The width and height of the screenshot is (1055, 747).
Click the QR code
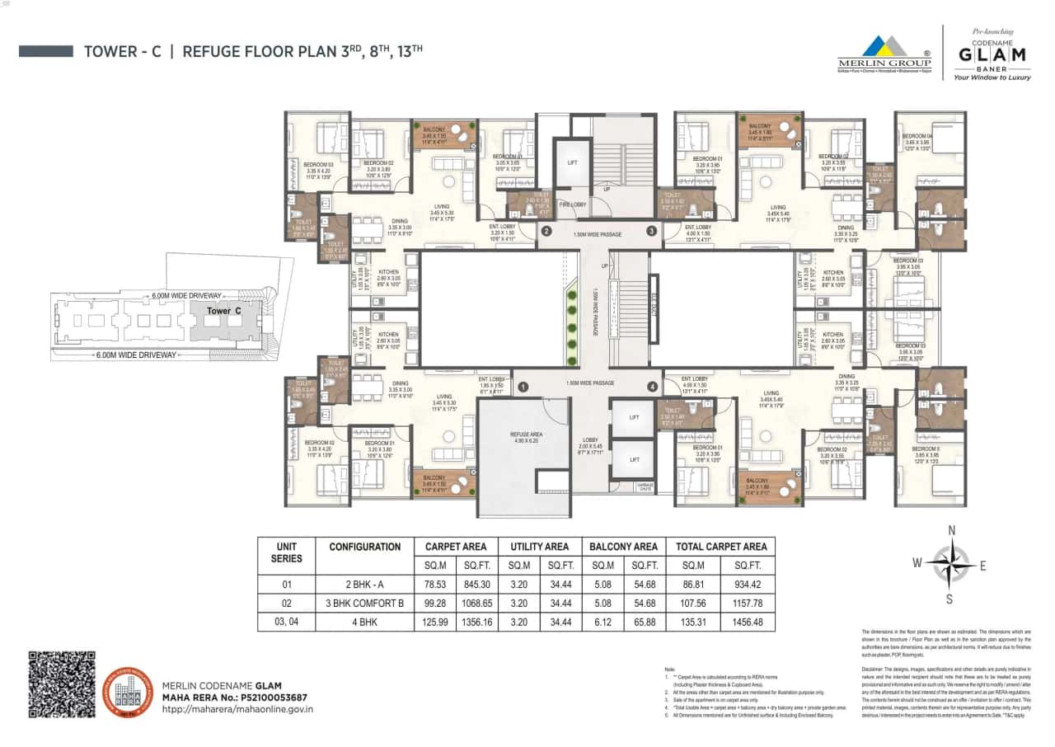click(x=62, y=684)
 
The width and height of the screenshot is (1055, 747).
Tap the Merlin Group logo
click(x=884, y=53)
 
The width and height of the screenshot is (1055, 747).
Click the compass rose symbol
click(x=950, y=564)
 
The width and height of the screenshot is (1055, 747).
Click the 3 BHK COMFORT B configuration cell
click(x=364, y=604)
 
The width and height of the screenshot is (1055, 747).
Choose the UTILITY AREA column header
click(x=539, y=546)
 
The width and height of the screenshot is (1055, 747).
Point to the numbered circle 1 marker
click(x=523, y=386)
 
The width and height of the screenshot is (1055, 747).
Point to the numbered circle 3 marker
click(x=651, y=232)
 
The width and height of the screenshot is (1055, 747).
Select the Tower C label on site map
click(x=218, y=312)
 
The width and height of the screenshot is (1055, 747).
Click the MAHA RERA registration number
click(x=234, y=697)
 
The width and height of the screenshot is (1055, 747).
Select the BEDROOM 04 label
click(x=917, y=137)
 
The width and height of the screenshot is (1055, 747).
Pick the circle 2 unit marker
click(x=546, y=232)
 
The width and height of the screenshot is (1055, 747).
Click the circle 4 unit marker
click(x=651, y=386)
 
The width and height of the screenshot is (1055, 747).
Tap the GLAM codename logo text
click(x=992, y=54)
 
